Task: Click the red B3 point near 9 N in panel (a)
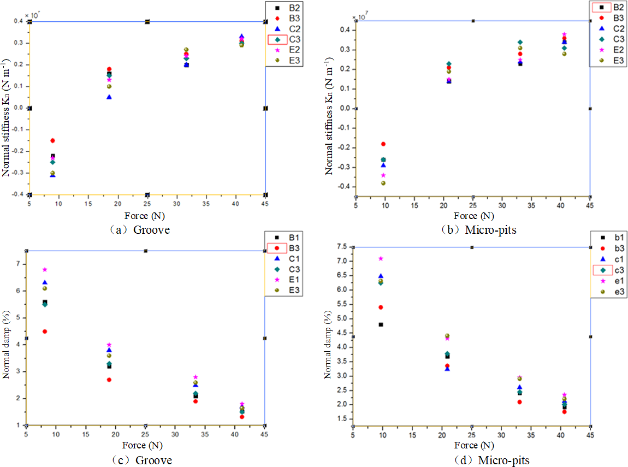point(52,140)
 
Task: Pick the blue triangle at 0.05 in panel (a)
point(109,97)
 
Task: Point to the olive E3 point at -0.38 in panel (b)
point(383,183)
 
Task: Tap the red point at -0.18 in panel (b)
point(383,144)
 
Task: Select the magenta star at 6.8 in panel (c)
point(45,269)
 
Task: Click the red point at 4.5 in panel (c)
point(45,331)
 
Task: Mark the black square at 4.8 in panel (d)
point(381,324)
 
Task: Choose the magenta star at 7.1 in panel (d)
point(381,258)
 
